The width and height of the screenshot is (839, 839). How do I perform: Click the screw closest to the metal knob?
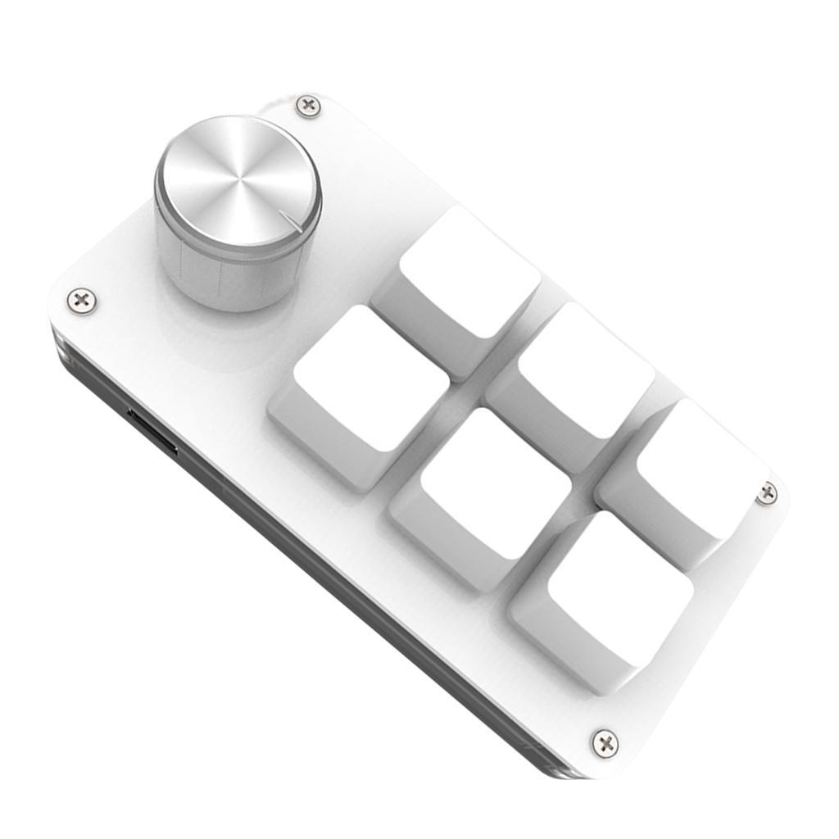pyautogui.click(x=308, y=105)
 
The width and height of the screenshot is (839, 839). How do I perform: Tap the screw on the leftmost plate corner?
pyautogui.click(x=81, y=300)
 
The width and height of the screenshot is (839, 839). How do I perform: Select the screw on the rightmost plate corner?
pyautogui.click(x=767, y=492)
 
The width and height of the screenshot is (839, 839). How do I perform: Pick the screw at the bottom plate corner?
pyautogui.click(x=605, y=743)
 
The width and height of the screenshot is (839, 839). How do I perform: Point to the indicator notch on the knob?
pyautogui.click(x=288, y=219)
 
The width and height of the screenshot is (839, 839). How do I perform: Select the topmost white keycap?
pyautogui.click(x=470, y=270)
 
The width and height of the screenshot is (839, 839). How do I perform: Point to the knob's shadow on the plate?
pyautogui.click(x=205, y=336)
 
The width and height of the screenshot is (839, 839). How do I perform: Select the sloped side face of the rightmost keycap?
pyautogui.click(x=647, y=524)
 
